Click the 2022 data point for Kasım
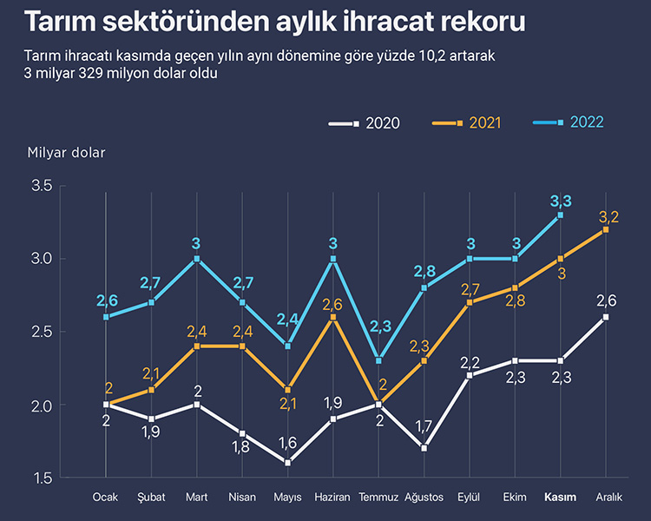tap(561, 214)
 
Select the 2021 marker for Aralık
tap(606, 229)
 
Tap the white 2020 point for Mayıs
tap(288, 463)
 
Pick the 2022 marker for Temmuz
tap(378, 360)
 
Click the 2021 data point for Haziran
tap(333, 317)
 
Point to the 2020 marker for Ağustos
tap(424, 448)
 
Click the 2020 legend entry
tap(365, 123)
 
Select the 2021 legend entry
tap(466, 123)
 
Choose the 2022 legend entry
tap(569, 122)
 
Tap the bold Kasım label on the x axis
tap(560, 498)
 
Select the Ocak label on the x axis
tap(106, 498)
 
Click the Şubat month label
tap(151, 498)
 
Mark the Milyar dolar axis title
tap(65, 153)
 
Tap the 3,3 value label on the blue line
tap(561, 201)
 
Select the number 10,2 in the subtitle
tap(434, 55)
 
